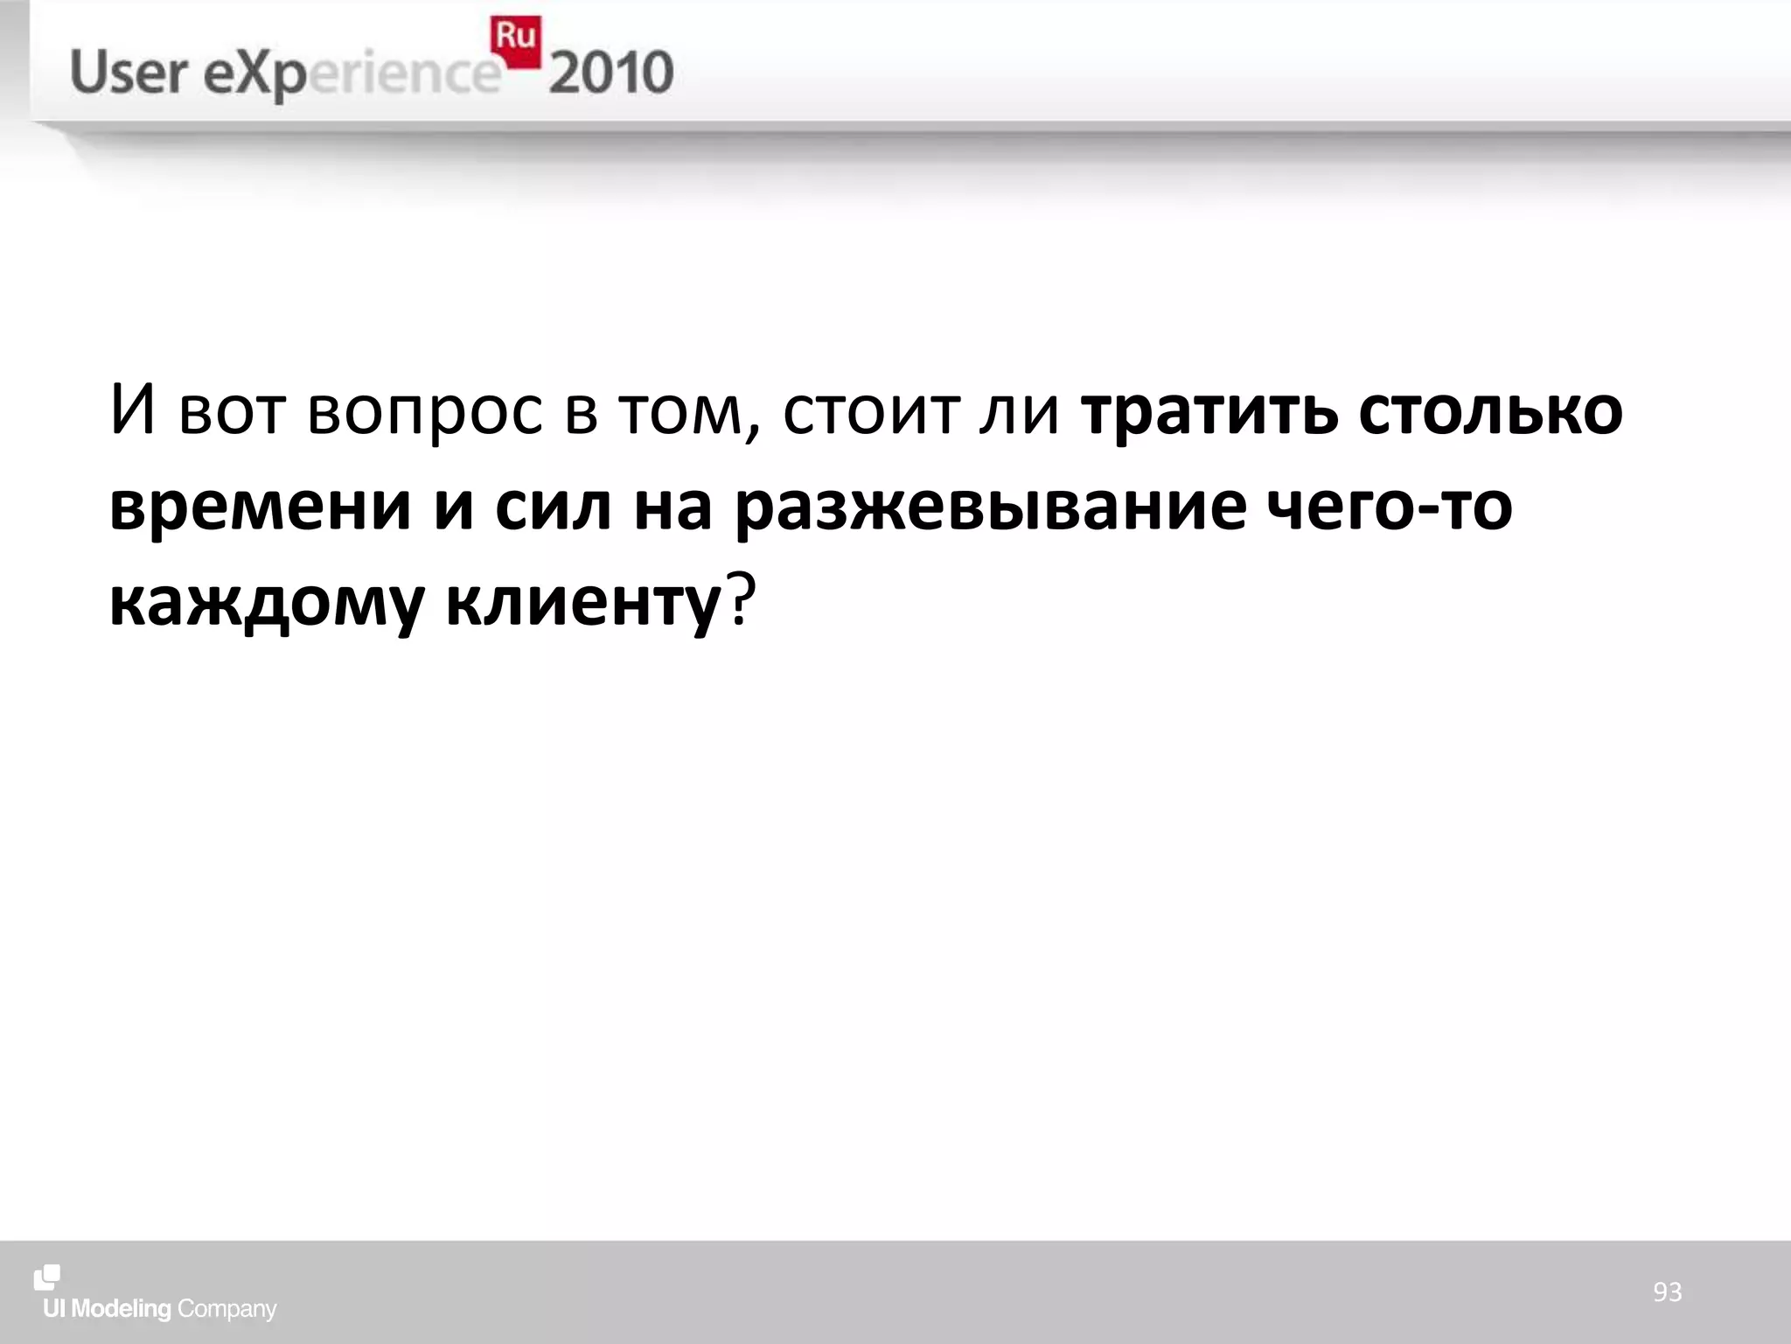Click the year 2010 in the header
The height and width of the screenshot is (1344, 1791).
611,73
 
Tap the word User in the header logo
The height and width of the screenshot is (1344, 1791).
128,72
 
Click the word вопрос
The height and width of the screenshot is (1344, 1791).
425,411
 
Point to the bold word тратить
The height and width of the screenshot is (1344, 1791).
1209,411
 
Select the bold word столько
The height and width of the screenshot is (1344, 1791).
1490,411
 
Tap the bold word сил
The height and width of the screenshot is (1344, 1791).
553,507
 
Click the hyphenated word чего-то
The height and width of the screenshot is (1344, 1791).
1390,507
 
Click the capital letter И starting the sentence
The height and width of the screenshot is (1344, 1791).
133,411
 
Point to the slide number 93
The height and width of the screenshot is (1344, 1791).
1667,1291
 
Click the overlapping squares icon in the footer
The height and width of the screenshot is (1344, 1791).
47,1277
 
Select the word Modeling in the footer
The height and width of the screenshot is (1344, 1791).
121,1309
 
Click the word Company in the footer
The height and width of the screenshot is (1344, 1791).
226,1310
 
